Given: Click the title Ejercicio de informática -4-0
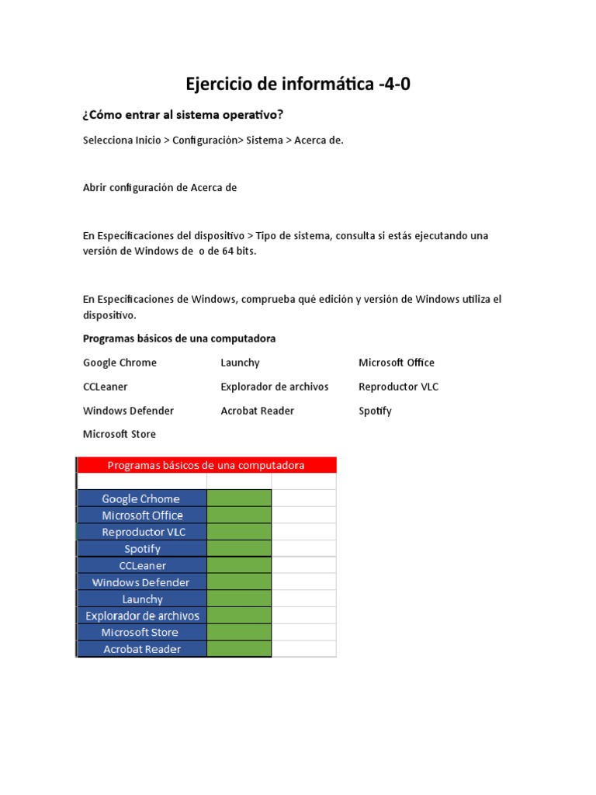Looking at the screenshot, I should click(x=298, y=84).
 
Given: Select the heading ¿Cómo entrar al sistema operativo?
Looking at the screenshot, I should click(x=183, y=115).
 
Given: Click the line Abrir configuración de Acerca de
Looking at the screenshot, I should click(x=159, y=187).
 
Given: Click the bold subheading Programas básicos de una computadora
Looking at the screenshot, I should click(x=179, y=338).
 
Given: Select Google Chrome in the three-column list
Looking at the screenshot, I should click(x=120, y=363).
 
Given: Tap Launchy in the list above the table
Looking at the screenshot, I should click(x=240, y=363).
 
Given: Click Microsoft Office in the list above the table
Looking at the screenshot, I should click(x=397, y=363).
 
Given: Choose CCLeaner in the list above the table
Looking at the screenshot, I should click(x=106, y=387).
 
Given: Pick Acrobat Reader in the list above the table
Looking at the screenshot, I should click(x=257, y=411).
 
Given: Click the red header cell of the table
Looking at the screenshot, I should click(x=206, y=465).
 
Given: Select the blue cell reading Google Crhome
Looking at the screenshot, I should click(x=142, y=498).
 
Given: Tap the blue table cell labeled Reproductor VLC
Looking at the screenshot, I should click(x=142, y=532).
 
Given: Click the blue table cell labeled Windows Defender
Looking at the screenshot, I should click(x=142, y=582).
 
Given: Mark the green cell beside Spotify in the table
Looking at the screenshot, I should click(x=239, y=549).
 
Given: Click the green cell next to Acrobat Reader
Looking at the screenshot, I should click(x=239, y=649).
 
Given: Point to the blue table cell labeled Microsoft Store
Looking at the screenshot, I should click(x=142, y=632).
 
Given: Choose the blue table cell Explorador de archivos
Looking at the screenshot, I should click(x=142, y=616).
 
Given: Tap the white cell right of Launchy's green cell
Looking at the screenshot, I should click(x=303, y=599).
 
